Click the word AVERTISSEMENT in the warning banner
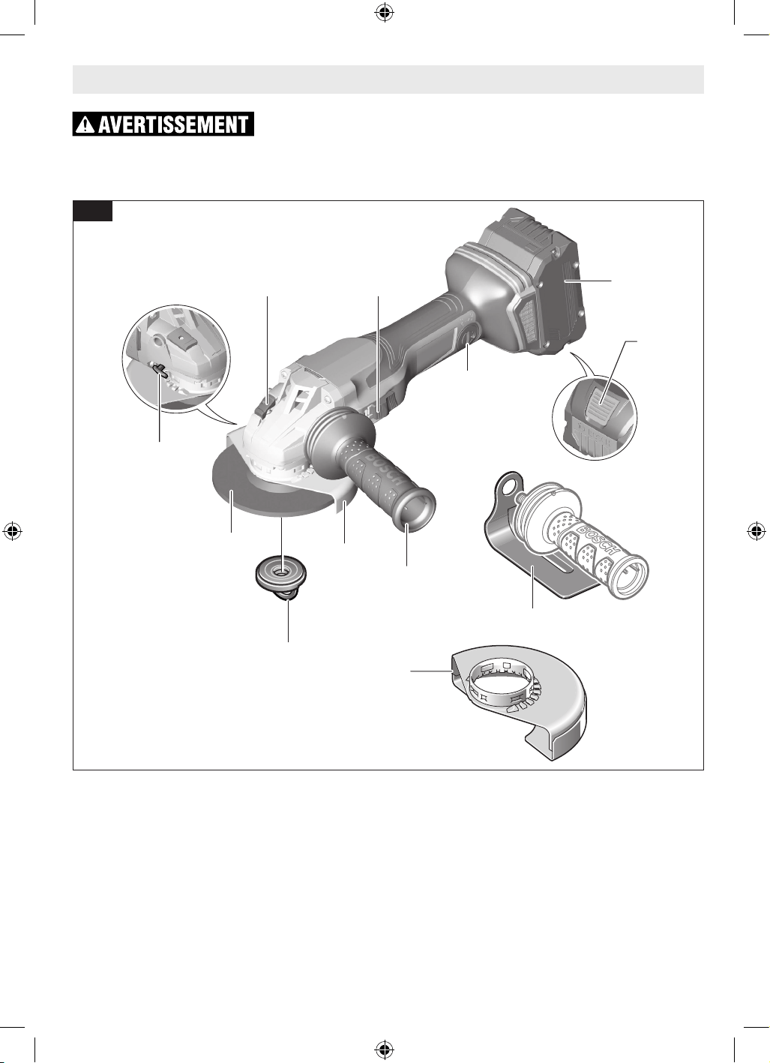[173, 125]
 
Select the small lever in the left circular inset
[162, 370]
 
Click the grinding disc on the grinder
[265, 493]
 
